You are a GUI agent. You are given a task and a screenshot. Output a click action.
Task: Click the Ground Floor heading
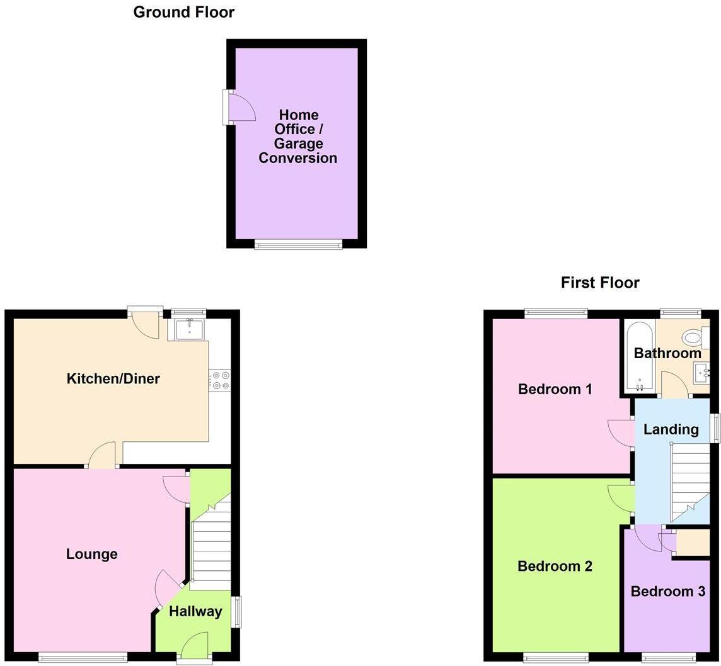tap(183, 12)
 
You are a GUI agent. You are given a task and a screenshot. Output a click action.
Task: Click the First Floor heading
tap(600, 283)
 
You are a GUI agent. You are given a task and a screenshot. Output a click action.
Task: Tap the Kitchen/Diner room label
tap(113, 378)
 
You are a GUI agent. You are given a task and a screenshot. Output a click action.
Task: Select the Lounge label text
tap(92, 554)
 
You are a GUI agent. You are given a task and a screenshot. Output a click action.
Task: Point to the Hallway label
tap(195, 611)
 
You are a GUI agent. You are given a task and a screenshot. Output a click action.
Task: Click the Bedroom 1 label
tap(555, 389)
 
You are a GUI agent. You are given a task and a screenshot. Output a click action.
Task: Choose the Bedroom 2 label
tap(555, 566)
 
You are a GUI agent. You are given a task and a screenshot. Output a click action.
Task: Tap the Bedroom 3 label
tap(667, 591)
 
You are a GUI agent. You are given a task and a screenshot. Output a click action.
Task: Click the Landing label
tap(671, 429)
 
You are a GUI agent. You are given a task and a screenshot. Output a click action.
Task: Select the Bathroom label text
tap(667, 353)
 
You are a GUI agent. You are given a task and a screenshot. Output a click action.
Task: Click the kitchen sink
tap(189, 329)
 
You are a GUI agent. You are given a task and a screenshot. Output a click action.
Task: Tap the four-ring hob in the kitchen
tap(221, 380)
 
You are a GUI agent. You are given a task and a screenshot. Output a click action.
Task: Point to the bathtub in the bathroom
tap(639, 356)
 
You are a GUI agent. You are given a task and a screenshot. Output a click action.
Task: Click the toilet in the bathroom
tap(695, 338)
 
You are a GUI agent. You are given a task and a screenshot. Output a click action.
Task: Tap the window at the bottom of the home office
tap(298, 244)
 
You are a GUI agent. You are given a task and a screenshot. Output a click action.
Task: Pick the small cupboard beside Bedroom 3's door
tap(691, 543)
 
